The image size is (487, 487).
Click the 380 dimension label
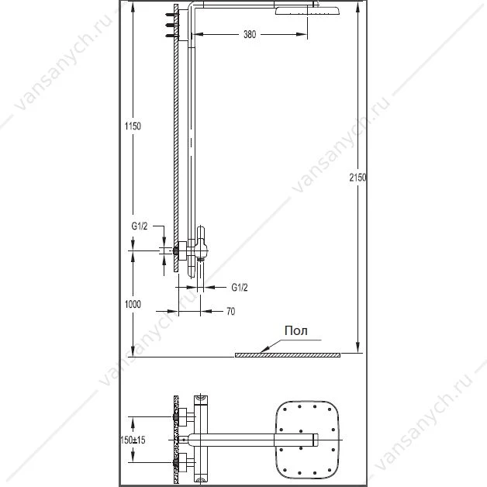(250, 34)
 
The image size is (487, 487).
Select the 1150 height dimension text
(133, 126)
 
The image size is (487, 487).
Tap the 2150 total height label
(357, 178)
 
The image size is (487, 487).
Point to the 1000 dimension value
(133, 304)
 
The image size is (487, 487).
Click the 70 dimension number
(231, 311)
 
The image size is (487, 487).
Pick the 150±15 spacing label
(133, 440)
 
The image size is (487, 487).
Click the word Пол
(296, 331)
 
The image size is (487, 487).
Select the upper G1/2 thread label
(140, 226)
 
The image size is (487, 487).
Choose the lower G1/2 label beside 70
(240, 288)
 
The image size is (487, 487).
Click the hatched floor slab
(288, 355)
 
